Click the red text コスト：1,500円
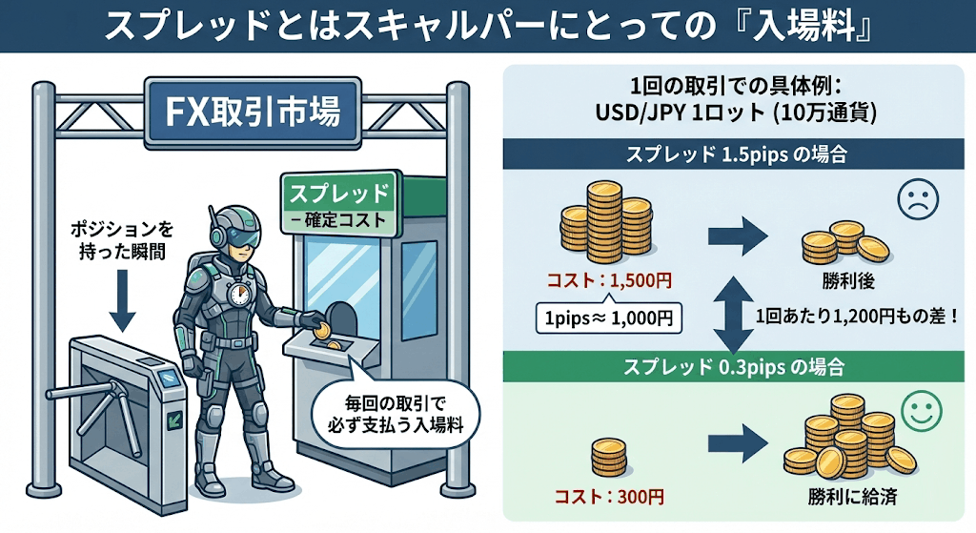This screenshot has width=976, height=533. tap(610, 281)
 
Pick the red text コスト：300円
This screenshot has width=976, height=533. tap(610, 497)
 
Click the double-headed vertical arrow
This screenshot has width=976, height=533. tap(730, 315)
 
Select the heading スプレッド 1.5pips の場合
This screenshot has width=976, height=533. tap(735, 153)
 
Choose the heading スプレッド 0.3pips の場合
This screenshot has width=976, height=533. tap(735, 366)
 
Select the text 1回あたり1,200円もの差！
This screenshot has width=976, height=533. tap(856, 316)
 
